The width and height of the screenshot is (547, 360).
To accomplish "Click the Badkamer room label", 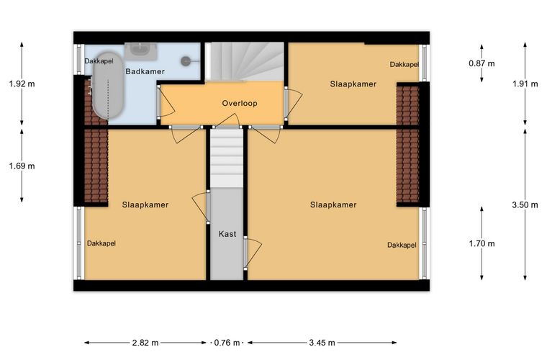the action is [145, 71].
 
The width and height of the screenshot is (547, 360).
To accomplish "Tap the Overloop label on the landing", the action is [240, 103].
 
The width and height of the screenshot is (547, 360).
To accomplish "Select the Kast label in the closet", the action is [227, 234].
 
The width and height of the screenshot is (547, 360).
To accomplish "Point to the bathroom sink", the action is [141, 51].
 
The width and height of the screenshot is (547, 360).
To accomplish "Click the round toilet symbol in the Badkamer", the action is [186, 61].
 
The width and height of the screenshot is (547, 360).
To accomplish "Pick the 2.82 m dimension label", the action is [145, 343].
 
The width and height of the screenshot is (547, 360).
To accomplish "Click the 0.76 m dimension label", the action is [227, 343].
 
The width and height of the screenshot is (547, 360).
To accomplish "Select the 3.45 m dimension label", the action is [322, 343].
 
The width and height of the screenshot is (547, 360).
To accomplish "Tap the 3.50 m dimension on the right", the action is [525, 205].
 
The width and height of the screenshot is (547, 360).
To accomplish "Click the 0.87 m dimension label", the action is [482, 63].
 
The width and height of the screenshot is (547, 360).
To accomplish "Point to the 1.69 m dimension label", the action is [22, 166].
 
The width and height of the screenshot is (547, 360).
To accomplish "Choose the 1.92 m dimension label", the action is [22, 84].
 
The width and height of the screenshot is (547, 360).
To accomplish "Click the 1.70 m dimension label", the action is [482, 243].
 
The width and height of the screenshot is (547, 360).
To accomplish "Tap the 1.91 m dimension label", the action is [525, 84].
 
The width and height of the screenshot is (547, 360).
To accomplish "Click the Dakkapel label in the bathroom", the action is [99, 61].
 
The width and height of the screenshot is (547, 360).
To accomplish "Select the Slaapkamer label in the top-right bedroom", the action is [353, 84].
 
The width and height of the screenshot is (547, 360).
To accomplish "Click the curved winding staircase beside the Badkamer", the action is [244, 62].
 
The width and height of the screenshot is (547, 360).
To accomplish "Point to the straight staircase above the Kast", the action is [227, 158].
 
